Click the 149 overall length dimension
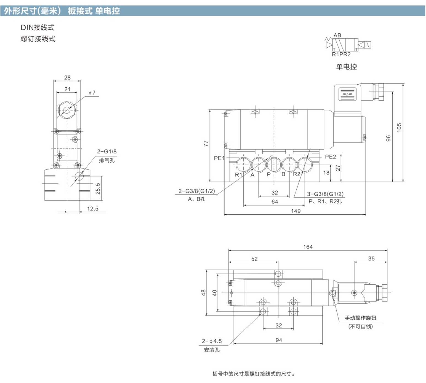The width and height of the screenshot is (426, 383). click(x=296, y=211)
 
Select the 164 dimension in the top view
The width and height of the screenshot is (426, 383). click(x=308, y=247)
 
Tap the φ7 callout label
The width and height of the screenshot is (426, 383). click(x=92, y=93)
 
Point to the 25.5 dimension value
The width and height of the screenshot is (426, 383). click(x=98, y=188)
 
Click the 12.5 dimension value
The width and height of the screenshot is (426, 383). click(x=93, y=209)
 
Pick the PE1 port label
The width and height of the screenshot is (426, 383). click(x=219, y=158)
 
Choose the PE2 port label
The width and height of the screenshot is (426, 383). click(x=330, y=157)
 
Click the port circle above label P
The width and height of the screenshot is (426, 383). click(x=274, y=164)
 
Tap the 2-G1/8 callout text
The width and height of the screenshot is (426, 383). click(x=107, y=151)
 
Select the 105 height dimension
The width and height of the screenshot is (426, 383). click(x=399, y=128)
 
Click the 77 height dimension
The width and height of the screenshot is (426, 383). click(x=206, y=144)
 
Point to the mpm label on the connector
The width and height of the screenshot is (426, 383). click(x=347, y=94)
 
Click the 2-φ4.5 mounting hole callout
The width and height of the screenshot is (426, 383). click(x=212, y=341)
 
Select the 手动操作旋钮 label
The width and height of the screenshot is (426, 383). click(x=360, y=318)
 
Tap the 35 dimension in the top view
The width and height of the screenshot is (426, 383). click(x=371, y=258)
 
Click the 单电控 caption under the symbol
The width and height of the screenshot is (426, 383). click(x=346, y=67)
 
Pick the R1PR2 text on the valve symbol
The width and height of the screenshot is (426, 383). click(x=341, y=54)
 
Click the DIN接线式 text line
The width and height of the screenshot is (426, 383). click(x=37, y=27)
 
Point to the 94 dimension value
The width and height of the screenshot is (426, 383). click(x=279, y=340)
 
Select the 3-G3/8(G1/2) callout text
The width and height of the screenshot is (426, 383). click(x=325, y=194)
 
